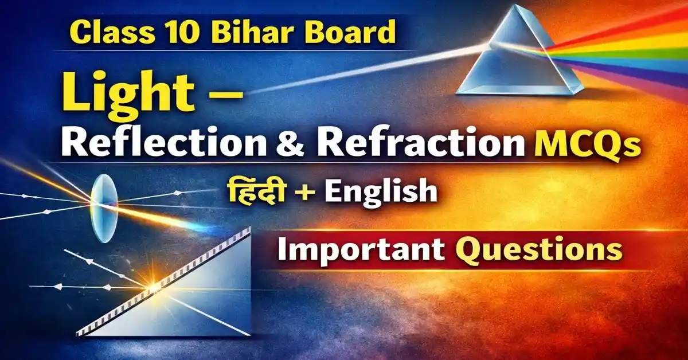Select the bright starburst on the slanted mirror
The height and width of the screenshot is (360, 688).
pos(154,285)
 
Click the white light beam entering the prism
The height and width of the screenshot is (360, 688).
pos(373,69)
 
